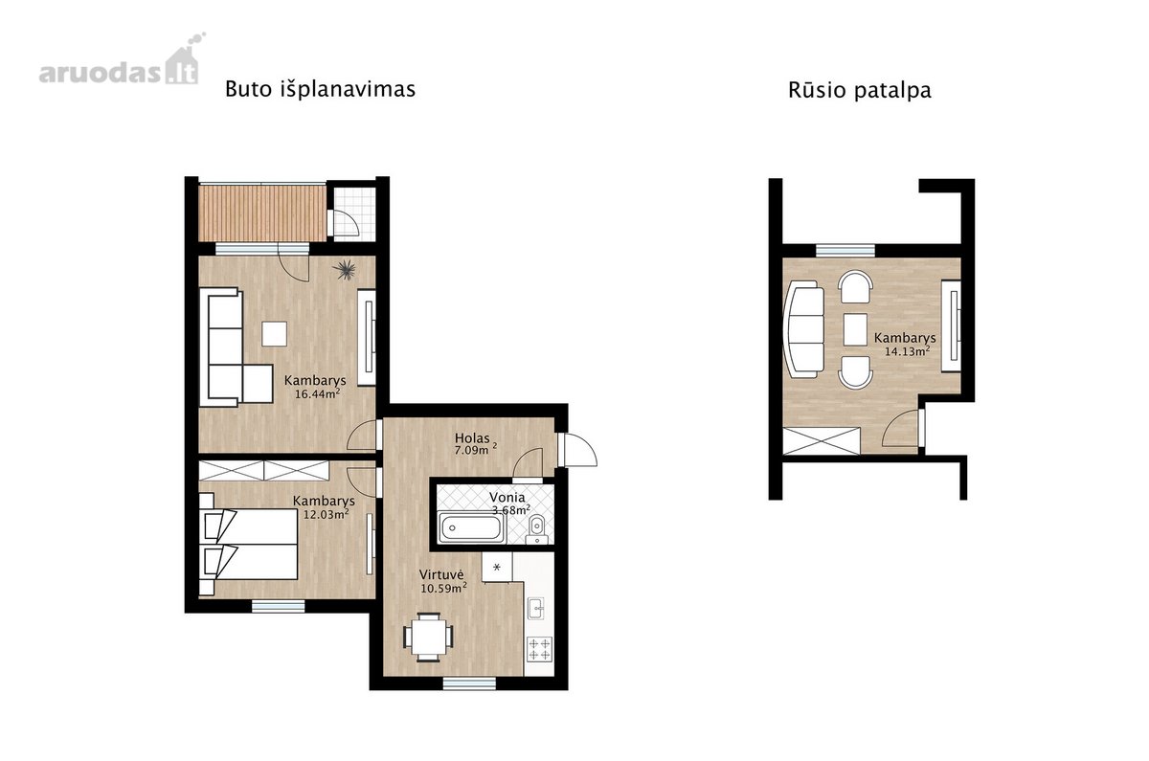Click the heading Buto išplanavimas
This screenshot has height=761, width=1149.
click(x=320, y=89)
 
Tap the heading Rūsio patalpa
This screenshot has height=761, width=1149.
click(x=859, y=91)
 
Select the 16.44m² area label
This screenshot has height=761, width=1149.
click(x=318, y=393)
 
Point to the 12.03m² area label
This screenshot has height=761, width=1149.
click(x=327, y=514)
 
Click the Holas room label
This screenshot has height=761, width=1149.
click(x=472, y=438)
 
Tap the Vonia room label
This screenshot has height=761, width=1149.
click(x=507, y=497)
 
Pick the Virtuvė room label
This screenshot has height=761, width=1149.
click(x=441, y=574)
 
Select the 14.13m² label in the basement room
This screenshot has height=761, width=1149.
click(x=908, y=351)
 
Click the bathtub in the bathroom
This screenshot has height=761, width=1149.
click(x=471, y=527)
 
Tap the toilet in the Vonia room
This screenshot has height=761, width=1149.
click(x=537, y=527)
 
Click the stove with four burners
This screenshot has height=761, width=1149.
click(x=540, y=649)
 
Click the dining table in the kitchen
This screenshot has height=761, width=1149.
click(x=428, y=637)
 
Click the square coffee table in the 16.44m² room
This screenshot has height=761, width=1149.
click(x=275, y=333)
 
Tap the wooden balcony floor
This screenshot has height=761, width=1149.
click(x=262, y=213)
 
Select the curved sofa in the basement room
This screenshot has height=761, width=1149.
click(x=803, y=329)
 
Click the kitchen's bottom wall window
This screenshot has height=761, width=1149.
click(x=469, y=683)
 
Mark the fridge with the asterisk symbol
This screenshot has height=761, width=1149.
click(x=497, y=567)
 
